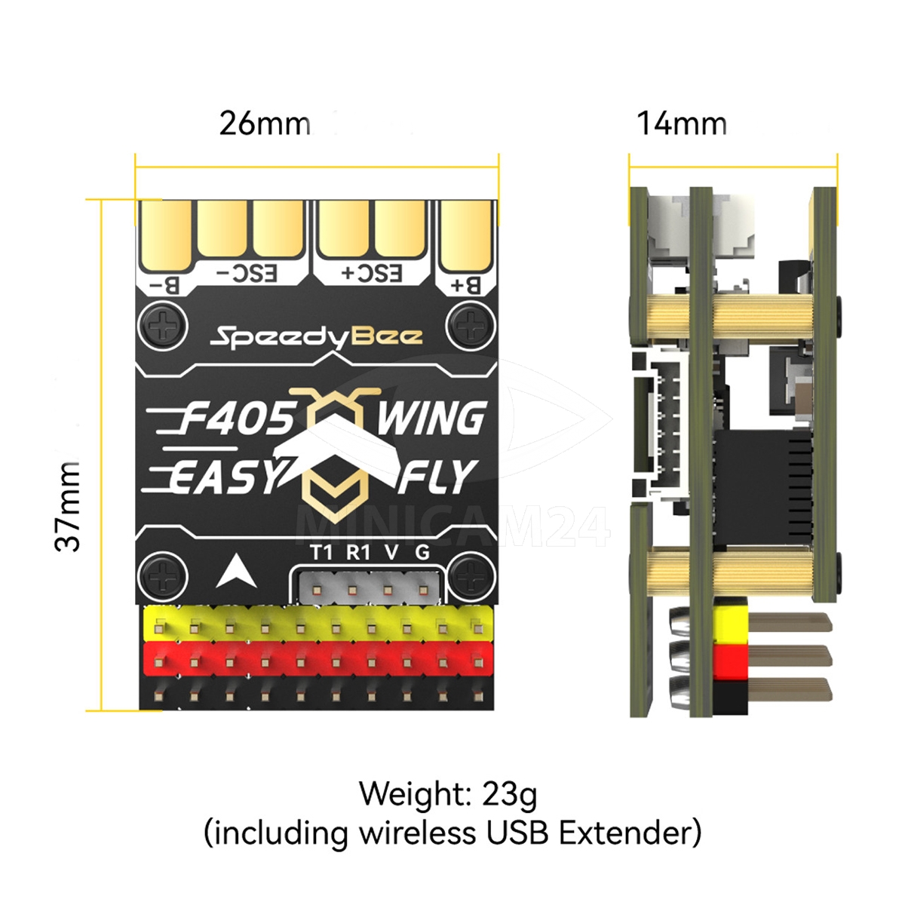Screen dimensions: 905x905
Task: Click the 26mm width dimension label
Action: tap(265, 124)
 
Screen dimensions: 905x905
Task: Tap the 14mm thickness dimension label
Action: tap(682, 124)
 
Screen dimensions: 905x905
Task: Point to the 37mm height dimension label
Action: tap(67, 506)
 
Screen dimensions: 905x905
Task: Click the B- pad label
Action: tap(164, 286)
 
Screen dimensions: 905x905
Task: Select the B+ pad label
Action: tap(466, 286)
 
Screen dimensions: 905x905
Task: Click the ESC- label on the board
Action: tap(247, 275)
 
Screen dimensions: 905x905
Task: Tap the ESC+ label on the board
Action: tap(373, 275)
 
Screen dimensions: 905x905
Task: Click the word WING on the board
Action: tap(431, 418)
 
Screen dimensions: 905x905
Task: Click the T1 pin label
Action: tap(322, 553)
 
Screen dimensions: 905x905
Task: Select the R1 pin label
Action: tap(358, 553)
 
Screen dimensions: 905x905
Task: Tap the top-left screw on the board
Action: tap(163, 326)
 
